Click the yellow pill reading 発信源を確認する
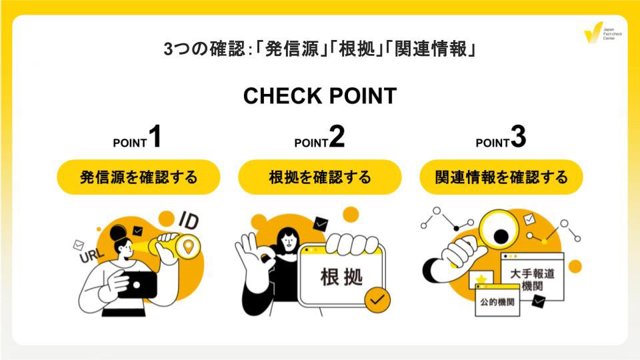coord(139,177)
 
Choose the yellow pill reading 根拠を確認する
coord(320,177)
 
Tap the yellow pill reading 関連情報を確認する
coord(501,177)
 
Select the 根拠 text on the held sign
coord(342,276)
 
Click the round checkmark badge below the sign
coord(378,299)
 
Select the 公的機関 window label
coord(498,301)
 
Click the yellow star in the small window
coord(480,279)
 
